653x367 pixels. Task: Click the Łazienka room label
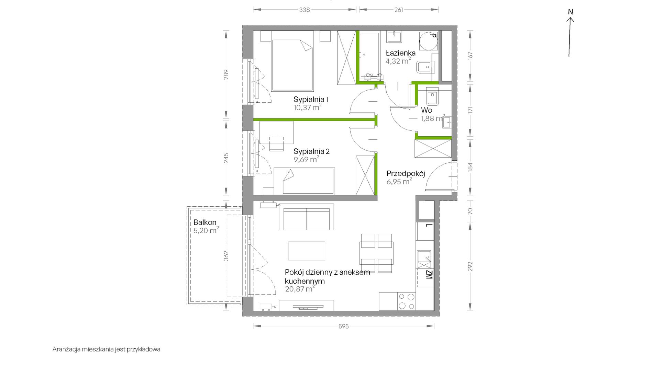click(x=400, y=53)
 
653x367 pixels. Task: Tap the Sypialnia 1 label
click(x=311, y=100)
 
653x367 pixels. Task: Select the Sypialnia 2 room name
click(x=312, y=151)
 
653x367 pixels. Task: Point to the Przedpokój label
click(x=406, y=173)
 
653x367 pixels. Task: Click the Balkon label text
click(x=205, y=222)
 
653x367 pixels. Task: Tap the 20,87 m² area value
click(x=300, y=289)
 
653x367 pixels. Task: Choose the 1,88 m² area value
click(x=433, y=118)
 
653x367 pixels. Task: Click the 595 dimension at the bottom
click(x=343, y=326)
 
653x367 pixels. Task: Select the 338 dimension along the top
click(x=305, y=10)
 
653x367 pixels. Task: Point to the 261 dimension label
click(x=399, y=10)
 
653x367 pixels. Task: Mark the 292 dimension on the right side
click(x=470, y=266)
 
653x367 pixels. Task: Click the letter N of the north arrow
click(x=571, y=12)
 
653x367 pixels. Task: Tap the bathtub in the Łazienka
click(x=370, y=56)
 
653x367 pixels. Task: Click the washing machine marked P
click(x=428, y=42)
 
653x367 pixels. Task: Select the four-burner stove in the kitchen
click(x=406, y=302)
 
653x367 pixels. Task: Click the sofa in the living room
click(x=306, y=217)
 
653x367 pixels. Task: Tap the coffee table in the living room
click(x=307, y=251)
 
